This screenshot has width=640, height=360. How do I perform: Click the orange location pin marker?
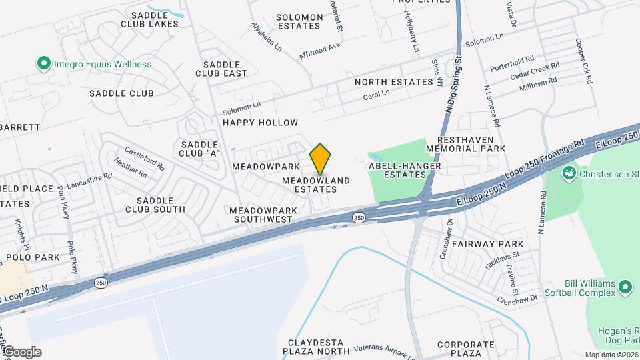tap(321, 160)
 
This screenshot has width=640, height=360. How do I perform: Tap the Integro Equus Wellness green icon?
tap(44, 64)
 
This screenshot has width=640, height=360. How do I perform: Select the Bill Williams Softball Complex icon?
tap(625, 287)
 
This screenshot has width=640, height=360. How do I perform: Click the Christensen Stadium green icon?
tap(569, 175)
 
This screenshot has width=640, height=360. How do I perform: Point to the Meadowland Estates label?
tap(316, 185)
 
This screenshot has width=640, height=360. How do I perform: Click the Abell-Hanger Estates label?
tap(397, 169)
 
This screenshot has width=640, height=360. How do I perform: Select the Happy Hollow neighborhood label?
tap(260, 123)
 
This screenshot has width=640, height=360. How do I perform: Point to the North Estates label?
tap(393, 82)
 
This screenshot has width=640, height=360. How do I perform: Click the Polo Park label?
tap(33, 257)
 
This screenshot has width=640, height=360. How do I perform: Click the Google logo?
tap(22, 352)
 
